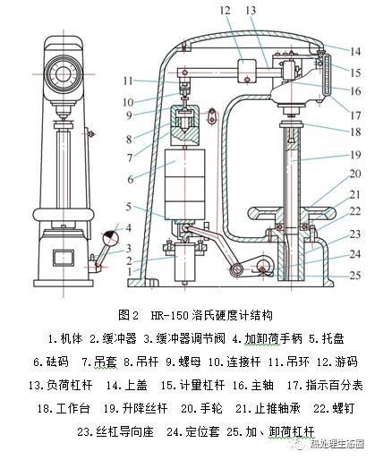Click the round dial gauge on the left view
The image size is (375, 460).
click(61, 72)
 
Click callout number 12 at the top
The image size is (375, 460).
click(226, 10)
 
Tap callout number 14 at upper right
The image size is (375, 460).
click(355, 51)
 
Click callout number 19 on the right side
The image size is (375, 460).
click(355, 154)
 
